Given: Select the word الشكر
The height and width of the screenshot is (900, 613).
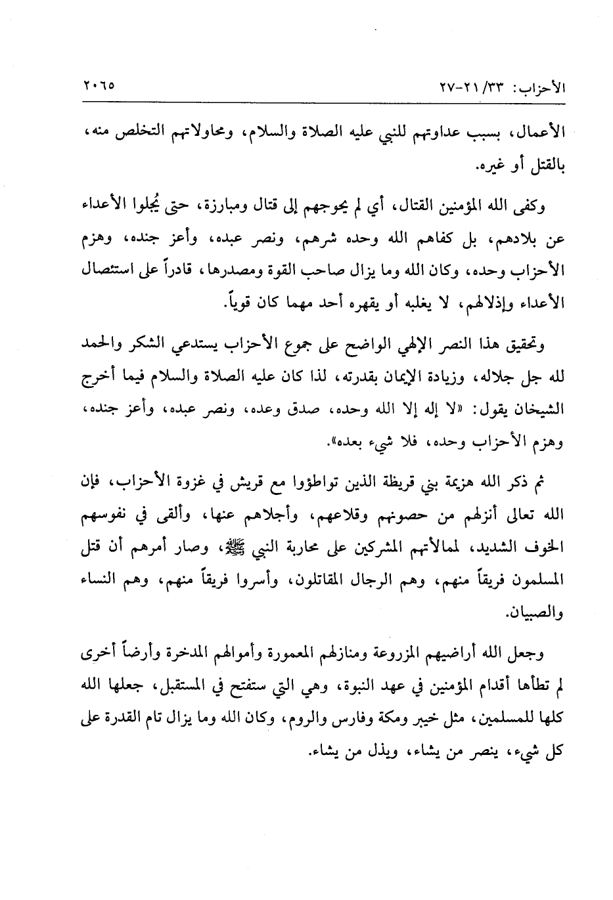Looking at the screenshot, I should [x=146, y=345].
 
